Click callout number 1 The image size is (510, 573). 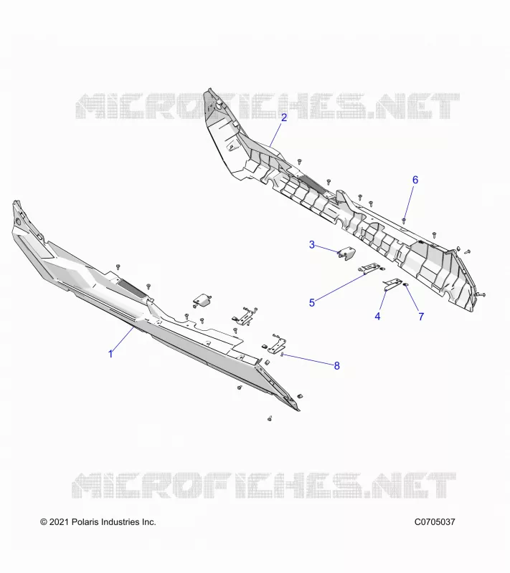click(x=110, y=354)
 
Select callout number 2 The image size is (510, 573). click(x=284, y=117)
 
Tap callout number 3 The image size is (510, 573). click(x=312, y=244)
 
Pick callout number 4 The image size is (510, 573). click(x=377, y=316)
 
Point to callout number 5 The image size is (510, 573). click(x=312, y=302)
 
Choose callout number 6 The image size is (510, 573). click(x=415, y=180)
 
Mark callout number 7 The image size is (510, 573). click(x=421, y=317)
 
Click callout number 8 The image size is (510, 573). click(x=336, y=365)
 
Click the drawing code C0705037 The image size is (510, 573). click(x=435, y=522)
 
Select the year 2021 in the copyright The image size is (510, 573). click(x=59, y=522)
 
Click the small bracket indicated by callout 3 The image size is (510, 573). click(x=347, y=253)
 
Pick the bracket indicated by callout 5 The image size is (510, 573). click(x=372, y=268)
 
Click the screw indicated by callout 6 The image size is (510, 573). click(x=404, y=220)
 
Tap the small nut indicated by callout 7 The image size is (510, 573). click(x=405, y=285)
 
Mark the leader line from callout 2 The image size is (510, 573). click(x=276, y=134)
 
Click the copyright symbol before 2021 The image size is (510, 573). click(x=44, y=522)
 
